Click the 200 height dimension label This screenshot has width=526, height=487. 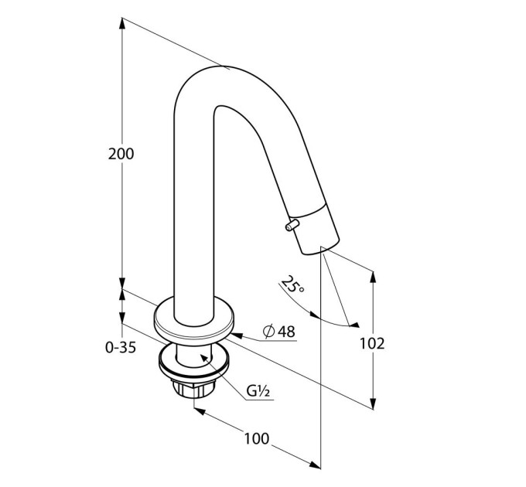pos(121,154)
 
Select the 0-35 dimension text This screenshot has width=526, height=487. pos(121,348)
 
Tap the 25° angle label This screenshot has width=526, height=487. pos(292,284)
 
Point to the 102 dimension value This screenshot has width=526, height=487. pos(372,343)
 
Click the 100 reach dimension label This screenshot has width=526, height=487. pos(257,438)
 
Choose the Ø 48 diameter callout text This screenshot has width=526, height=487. pos(279,332)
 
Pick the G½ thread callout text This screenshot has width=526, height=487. pos(258,391)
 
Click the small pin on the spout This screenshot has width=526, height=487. pos(292,225)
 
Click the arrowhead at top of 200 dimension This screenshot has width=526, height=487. pos(122,23)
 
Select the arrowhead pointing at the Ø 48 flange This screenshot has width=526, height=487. pos(237,335)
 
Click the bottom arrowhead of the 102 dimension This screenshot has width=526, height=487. pos(373,404)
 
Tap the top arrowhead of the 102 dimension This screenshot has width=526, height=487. pos(373,278)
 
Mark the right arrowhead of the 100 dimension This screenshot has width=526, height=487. pos(315,465)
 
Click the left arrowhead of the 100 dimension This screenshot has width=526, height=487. pos(200,410)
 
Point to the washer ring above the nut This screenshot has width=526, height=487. pos(194,361)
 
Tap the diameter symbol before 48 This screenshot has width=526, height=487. pos(269,332)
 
